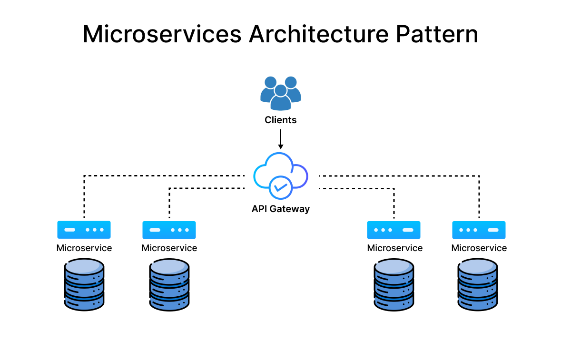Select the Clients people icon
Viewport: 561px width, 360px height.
[281, 93]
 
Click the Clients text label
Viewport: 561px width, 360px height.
[281, 120]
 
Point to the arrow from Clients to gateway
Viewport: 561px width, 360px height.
[281, 139]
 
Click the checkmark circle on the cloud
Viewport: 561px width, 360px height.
[280, 187]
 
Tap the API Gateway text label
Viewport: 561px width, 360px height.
[281, 209]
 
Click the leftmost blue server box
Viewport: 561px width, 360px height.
[84, 230]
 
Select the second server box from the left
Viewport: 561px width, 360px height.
[169, 230]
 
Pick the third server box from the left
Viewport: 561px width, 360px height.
[394, 230]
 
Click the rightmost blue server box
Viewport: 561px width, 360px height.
[479, 230]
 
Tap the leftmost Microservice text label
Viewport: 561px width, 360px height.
[84, 248]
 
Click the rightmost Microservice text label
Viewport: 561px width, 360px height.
[479, 248]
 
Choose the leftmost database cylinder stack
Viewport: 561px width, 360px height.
[84, 284]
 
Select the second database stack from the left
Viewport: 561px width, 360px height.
[169, 284]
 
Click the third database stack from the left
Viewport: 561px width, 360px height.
[394, 284]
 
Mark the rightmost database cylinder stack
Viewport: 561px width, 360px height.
[478, 284]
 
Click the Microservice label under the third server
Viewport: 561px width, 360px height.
[394, 248]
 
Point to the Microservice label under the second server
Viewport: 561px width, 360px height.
[169, 248]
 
